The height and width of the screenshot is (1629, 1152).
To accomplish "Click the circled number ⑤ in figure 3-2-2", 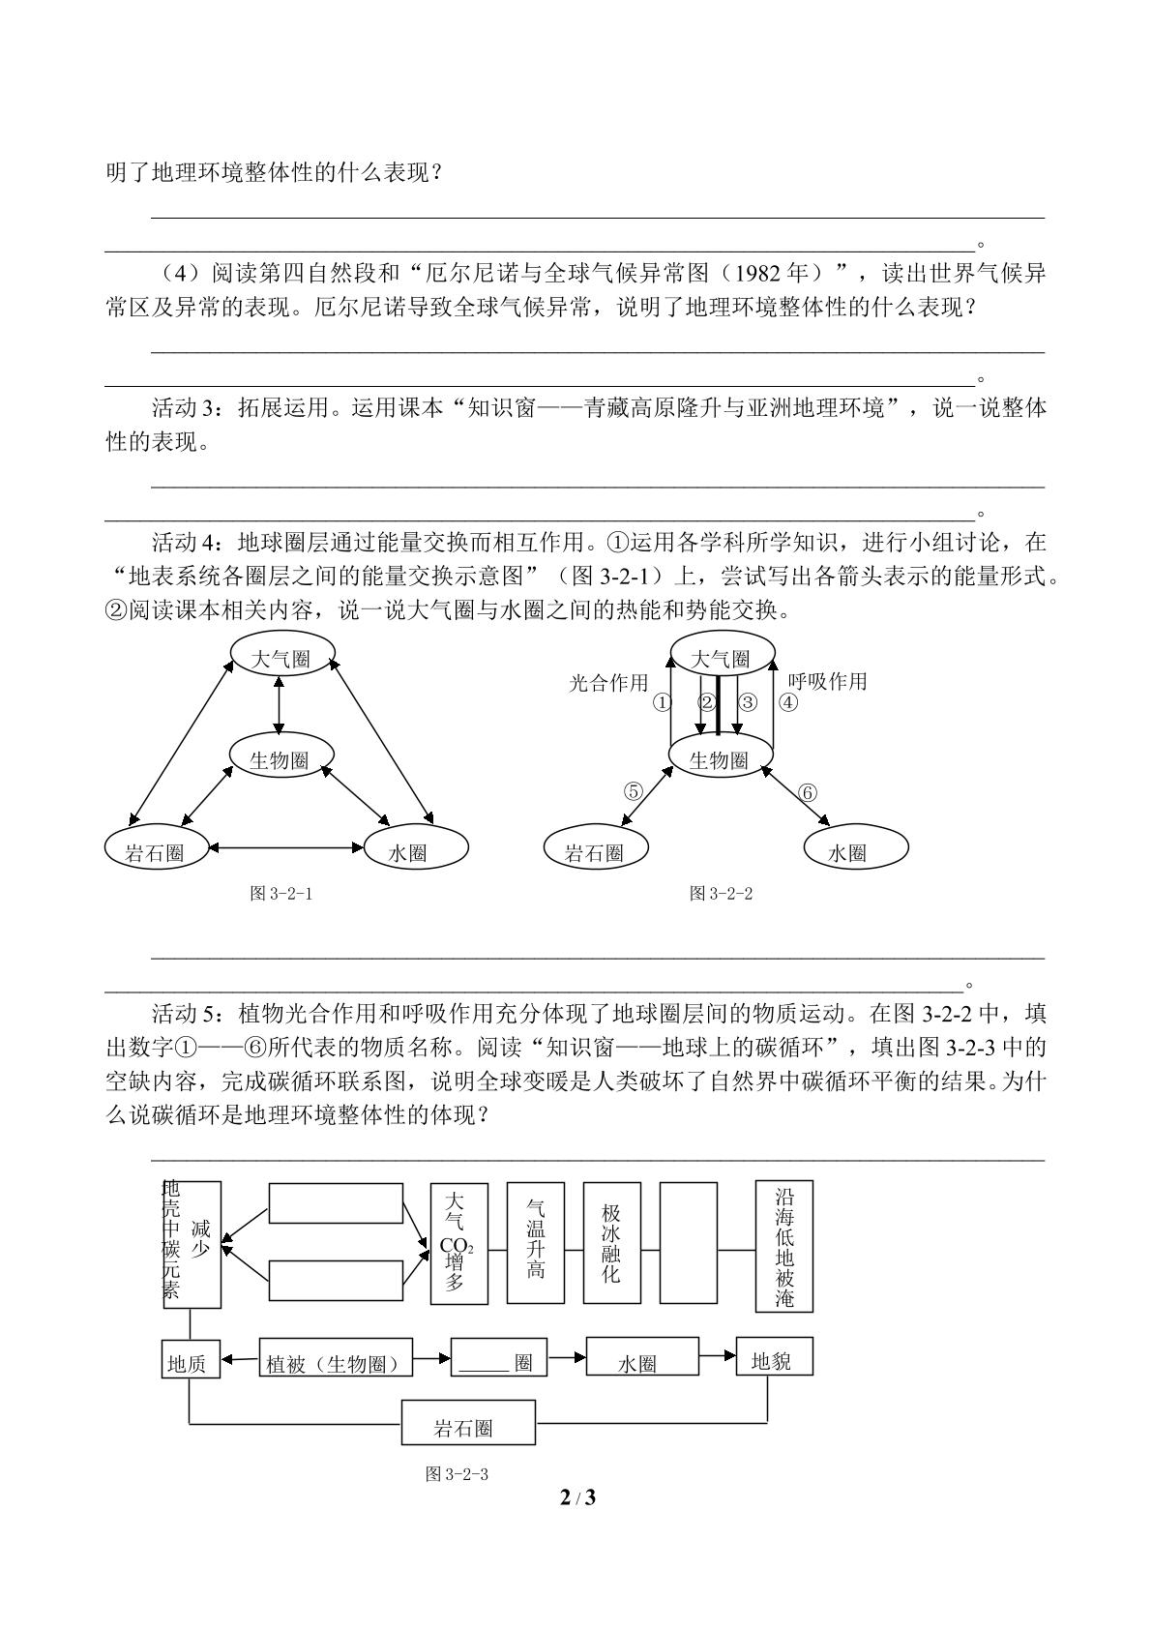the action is [x=634, y=791].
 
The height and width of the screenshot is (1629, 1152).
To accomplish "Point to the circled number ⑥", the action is [x=808, y=792].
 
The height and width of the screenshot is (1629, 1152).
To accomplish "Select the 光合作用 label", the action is [x=608, y=682].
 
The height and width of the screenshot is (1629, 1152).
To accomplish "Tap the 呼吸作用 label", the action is [x=828, y=681].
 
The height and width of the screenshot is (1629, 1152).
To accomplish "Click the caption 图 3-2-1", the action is [x=281, y=893].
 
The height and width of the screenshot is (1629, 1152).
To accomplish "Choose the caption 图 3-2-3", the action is [x=457, y=1473].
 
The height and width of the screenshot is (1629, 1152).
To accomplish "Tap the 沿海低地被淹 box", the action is [x=784, y=1246].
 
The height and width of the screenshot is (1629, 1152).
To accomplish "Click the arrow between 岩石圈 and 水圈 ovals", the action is [x=286, y=847].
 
